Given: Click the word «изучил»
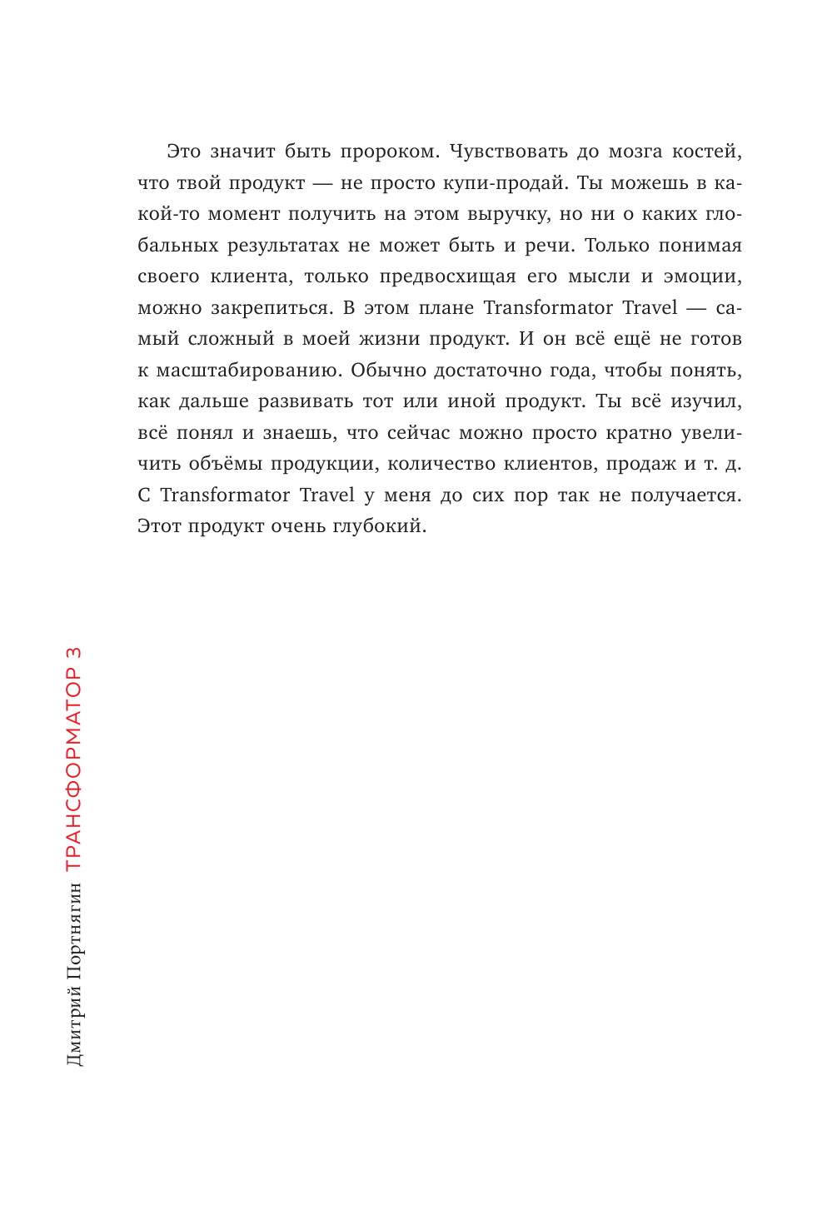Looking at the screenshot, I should click(x=705, y=401).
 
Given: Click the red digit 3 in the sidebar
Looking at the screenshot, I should click(x=73, y=653).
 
